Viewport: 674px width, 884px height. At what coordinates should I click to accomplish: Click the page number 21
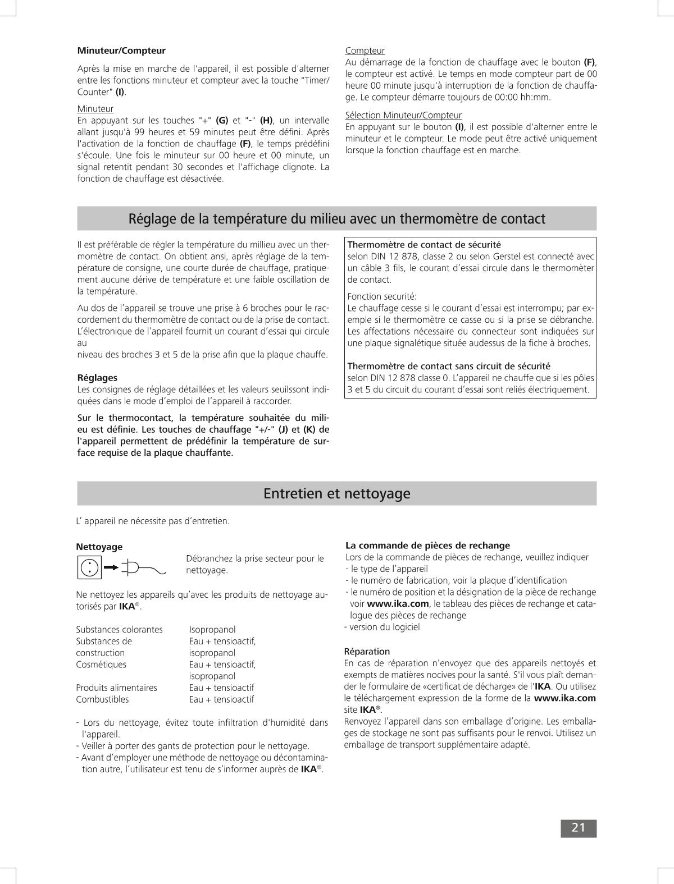(x=579, y=828)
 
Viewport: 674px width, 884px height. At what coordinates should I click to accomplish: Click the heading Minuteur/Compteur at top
(x=121, y=51)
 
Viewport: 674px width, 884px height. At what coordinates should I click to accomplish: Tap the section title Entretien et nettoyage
(x=336, y=493)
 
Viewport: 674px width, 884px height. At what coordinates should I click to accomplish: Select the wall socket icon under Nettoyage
(x=89, y=567)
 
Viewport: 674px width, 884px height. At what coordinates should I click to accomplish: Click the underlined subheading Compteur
(x=365, y=51)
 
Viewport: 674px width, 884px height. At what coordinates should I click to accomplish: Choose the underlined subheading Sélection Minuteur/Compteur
(x=403, y=115)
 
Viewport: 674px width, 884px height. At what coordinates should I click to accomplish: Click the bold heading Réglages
(x=97, y=378)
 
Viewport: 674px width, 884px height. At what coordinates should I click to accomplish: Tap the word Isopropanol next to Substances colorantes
(x=212, y=630)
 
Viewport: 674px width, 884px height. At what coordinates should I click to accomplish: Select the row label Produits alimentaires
(x=116, y=688)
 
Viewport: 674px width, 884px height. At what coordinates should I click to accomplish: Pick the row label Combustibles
(x=102, y=699)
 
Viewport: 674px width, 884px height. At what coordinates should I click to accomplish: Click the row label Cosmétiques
(x=101, y=665)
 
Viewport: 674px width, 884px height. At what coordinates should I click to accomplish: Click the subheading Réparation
(x=367, y=652)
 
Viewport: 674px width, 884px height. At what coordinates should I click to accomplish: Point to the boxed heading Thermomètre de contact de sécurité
(x=424, y=245)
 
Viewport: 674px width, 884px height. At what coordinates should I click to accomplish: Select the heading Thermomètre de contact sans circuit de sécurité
(x=449, y=366)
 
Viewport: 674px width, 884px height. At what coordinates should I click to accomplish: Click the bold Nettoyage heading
(x=99, y=547)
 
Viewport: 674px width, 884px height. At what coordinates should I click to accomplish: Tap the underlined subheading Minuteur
(x=95, y=108)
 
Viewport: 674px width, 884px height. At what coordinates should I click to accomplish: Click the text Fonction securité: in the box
(x=382, y=296)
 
